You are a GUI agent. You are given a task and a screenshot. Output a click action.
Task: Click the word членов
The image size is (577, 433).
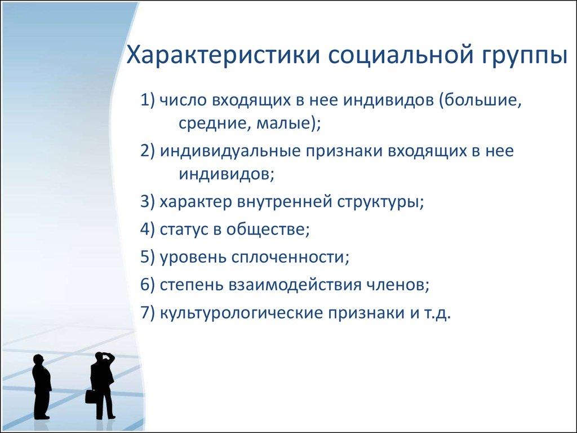(398, 285)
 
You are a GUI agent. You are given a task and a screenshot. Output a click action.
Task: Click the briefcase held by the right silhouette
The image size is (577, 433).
(90, 396)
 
